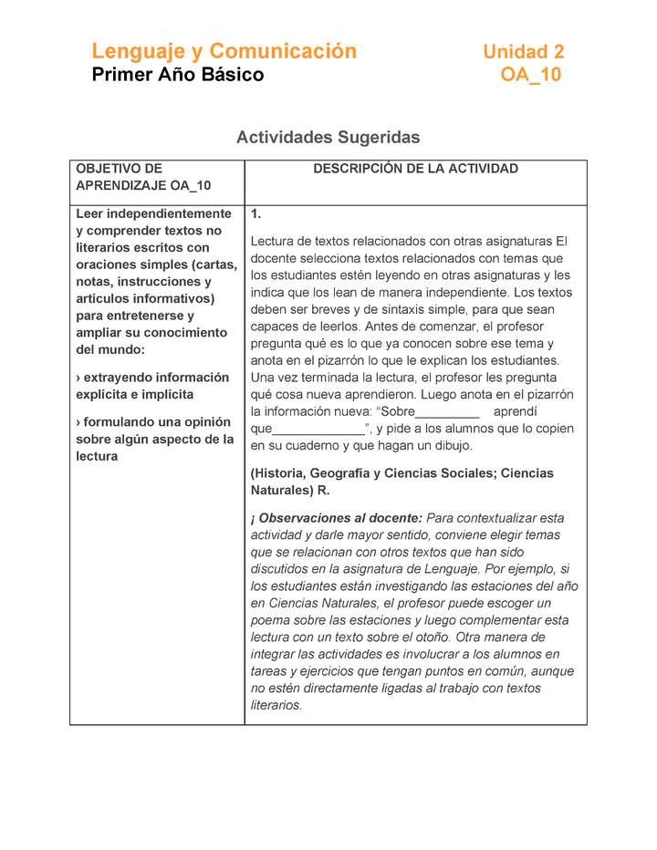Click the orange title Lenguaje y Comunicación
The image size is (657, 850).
pos(224,51)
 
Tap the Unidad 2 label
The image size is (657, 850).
pos(523,52)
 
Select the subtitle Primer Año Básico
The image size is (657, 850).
pos(178,75)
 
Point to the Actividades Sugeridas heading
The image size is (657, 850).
pos(328,138)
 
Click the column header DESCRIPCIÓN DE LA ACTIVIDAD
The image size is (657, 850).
pos(415,169)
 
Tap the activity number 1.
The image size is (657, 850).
pos(256,213)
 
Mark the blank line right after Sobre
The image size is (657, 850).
pos(447,412)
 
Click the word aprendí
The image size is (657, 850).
pos(516,412)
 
